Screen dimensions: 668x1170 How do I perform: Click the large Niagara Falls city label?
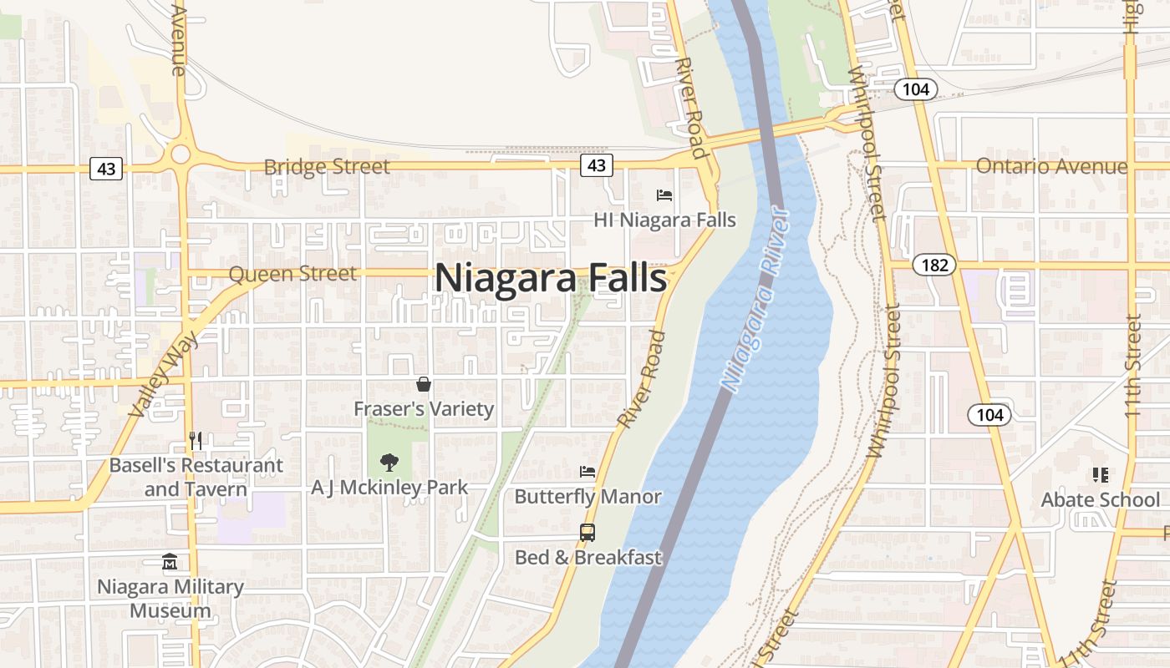[551, 278]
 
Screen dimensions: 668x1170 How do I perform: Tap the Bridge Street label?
[327, 167]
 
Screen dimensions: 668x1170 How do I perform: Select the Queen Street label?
[292, 273]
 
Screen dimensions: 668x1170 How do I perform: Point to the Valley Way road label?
[165, 373]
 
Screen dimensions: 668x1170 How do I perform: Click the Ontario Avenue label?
[1051, 166]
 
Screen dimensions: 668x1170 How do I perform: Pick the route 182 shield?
[934, 266]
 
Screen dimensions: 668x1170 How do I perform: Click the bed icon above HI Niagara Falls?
[664, 195]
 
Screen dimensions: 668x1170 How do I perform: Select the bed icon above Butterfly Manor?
[588, 472]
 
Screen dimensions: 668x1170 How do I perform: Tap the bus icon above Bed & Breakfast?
[588, 532]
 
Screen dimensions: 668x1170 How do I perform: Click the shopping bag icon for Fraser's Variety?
[424, 384]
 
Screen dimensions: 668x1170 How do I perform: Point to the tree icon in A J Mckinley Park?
[389, 462]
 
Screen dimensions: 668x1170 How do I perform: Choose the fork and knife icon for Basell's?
[196, 440]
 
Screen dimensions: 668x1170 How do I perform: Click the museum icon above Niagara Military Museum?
[170, 561]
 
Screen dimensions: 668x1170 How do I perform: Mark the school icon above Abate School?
[1100, 475]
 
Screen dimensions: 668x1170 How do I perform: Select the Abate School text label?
[1100, 499]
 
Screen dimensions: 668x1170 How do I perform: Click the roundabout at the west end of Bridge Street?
[180, 154]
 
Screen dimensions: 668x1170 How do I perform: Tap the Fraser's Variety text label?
[424, 409]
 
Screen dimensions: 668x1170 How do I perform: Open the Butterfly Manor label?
[588, 497]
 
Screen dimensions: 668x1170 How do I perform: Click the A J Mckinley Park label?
[389, 487]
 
